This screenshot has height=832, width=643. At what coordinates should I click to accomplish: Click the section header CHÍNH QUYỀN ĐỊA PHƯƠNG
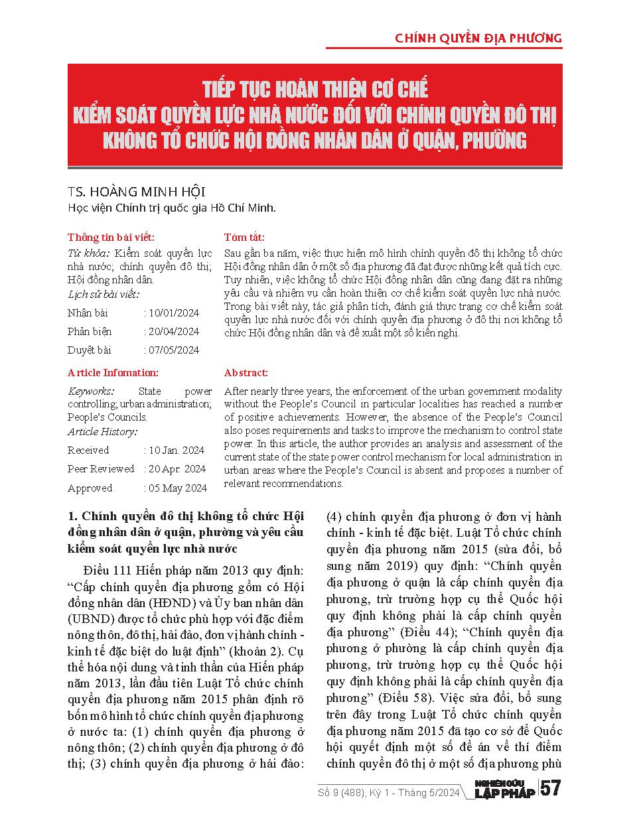478,38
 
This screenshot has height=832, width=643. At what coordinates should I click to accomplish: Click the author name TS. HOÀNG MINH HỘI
136,192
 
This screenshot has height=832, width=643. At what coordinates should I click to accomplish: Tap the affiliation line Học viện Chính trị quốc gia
171,208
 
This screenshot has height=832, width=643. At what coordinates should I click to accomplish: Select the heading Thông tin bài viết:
111,237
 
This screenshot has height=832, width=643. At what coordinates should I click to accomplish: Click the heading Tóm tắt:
244,237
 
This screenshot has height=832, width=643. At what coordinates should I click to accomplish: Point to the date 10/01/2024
174,313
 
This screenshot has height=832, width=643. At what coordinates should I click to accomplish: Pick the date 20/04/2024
174,332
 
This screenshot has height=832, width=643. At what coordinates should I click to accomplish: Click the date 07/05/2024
174,350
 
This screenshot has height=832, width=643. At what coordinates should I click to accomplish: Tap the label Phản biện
90,332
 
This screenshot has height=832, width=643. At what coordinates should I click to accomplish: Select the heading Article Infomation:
113,373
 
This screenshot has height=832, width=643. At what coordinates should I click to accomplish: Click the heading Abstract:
246,373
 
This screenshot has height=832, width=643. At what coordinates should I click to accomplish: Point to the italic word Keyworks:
91,391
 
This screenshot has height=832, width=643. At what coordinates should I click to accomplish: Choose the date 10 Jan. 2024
177,451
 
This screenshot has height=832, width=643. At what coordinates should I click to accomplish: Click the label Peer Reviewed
101,469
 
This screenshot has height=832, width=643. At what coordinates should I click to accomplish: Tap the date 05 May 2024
178,488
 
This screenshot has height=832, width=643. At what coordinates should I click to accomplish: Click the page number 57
551,790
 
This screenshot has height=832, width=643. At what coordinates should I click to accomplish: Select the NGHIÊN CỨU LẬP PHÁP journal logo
506,790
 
